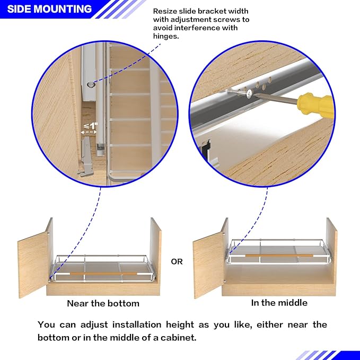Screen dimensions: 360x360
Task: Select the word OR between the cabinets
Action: coord(177,261)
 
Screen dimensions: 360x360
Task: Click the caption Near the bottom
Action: coord(103,304)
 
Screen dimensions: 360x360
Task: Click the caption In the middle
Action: coord(279,303)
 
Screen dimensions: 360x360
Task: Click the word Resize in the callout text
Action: coord(165,11)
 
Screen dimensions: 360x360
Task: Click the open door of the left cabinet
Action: coord(33,265)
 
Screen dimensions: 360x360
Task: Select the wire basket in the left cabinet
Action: coord(101,268)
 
